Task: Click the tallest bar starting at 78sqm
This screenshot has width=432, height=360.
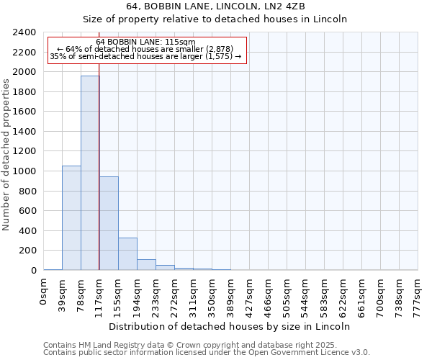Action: tap(90, 173)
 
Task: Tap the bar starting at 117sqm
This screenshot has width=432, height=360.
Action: tap(109, 223)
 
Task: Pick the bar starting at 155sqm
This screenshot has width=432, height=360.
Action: tap(127, 253)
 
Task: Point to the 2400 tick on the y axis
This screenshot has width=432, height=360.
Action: tap(25, 33)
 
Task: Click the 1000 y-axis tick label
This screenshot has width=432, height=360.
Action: tap(25, 171)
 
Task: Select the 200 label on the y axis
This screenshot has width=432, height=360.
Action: tap(28, 251)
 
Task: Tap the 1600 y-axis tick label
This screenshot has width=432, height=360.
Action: tap(25, 112)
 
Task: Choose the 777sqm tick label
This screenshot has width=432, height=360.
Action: tap(418, 294)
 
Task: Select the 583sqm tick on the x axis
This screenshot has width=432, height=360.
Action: tap(324, 294)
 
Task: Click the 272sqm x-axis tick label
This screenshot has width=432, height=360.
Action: tap(175, 294)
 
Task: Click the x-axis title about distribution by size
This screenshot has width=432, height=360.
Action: tap(230, 326)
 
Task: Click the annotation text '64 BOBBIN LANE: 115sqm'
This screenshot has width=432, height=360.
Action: tap(145, 42)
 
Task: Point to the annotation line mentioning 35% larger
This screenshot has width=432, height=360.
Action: tap(145, 57)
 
